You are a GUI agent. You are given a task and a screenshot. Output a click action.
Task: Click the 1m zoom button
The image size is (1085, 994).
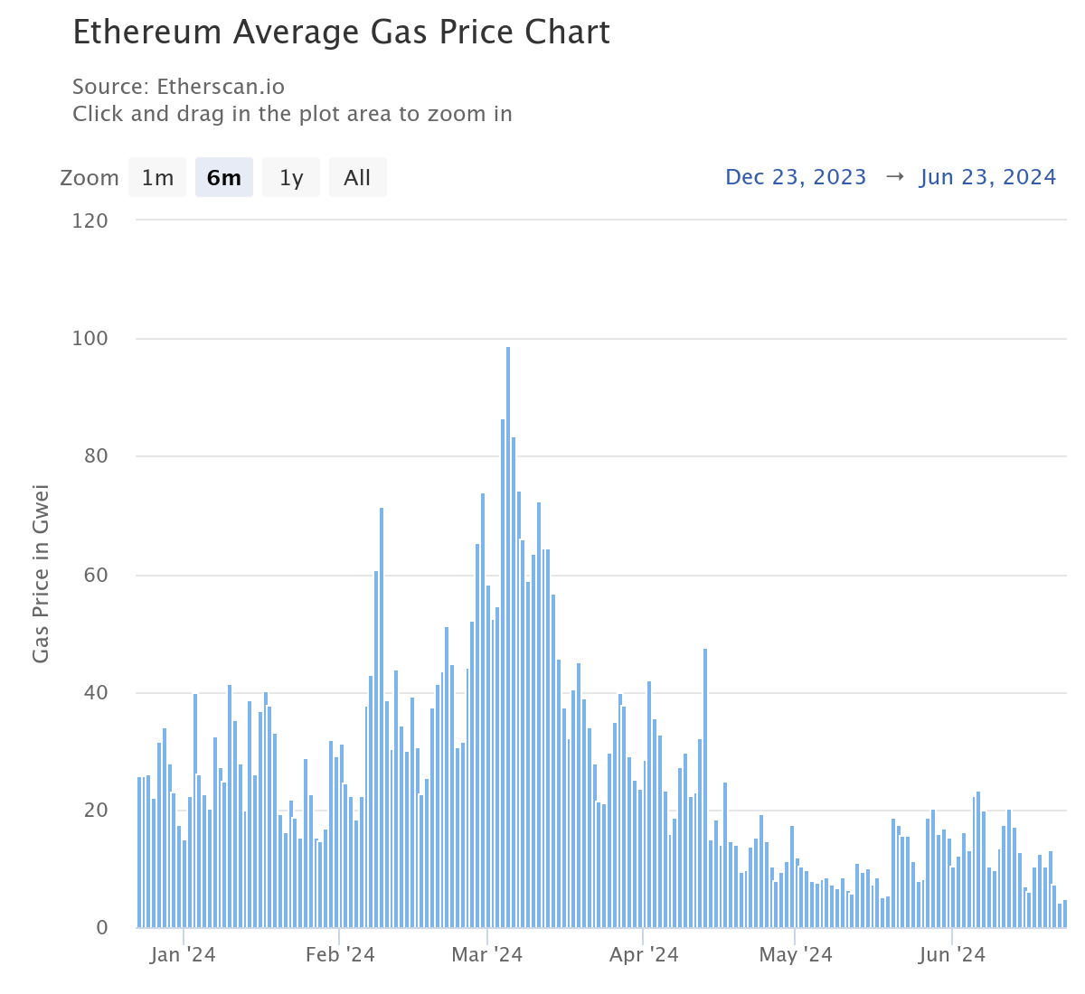157,177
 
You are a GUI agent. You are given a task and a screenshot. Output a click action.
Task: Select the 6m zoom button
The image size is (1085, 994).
224,177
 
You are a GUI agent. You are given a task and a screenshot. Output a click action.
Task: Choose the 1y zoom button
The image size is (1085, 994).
291,177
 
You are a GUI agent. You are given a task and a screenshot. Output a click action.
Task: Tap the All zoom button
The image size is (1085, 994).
357,177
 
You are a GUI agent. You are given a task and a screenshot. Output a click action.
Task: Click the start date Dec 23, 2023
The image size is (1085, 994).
796,177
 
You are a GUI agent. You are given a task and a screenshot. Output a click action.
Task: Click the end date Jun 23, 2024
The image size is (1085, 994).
987,177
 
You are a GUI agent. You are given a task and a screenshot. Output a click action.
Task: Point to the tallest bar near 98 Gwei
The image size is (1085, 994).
508,633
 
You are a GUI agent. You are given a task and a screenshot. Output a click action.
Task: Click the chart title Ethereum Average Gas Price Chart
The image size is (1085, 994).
341,33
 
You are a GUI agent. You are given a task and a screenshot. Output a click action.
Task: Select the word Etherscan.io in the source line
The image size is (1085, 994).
221,87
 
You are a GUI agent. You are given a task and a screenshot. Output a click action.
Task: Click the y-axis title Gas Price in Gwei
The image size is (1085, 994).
41,574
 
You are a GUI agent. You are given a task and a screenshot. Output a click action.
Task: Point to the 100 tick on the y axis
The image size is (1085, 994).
90,339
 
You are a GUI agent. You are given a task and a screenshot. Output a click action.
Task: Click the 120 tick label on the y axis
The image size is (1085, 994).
90,220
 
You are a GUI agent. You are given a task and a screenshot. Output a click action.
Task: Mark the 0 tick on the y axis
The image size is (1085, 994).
101,928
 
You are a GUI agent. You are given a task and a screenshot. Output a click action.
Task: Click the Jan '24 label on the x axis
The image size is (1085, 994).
183,955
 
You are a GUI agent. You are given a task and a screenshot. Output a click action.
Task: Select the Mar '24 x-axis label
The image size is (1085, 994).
486,955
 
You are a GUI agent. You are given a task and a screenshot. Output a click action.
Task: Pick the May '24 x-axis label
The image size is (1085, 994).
796,955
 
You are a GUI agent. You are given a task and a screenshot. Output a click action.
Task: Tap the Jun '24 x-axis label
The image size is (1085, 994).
952,955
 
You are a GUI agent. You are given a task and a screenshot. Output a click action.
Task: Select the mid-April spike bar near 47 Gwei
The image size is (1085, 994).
705,786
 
